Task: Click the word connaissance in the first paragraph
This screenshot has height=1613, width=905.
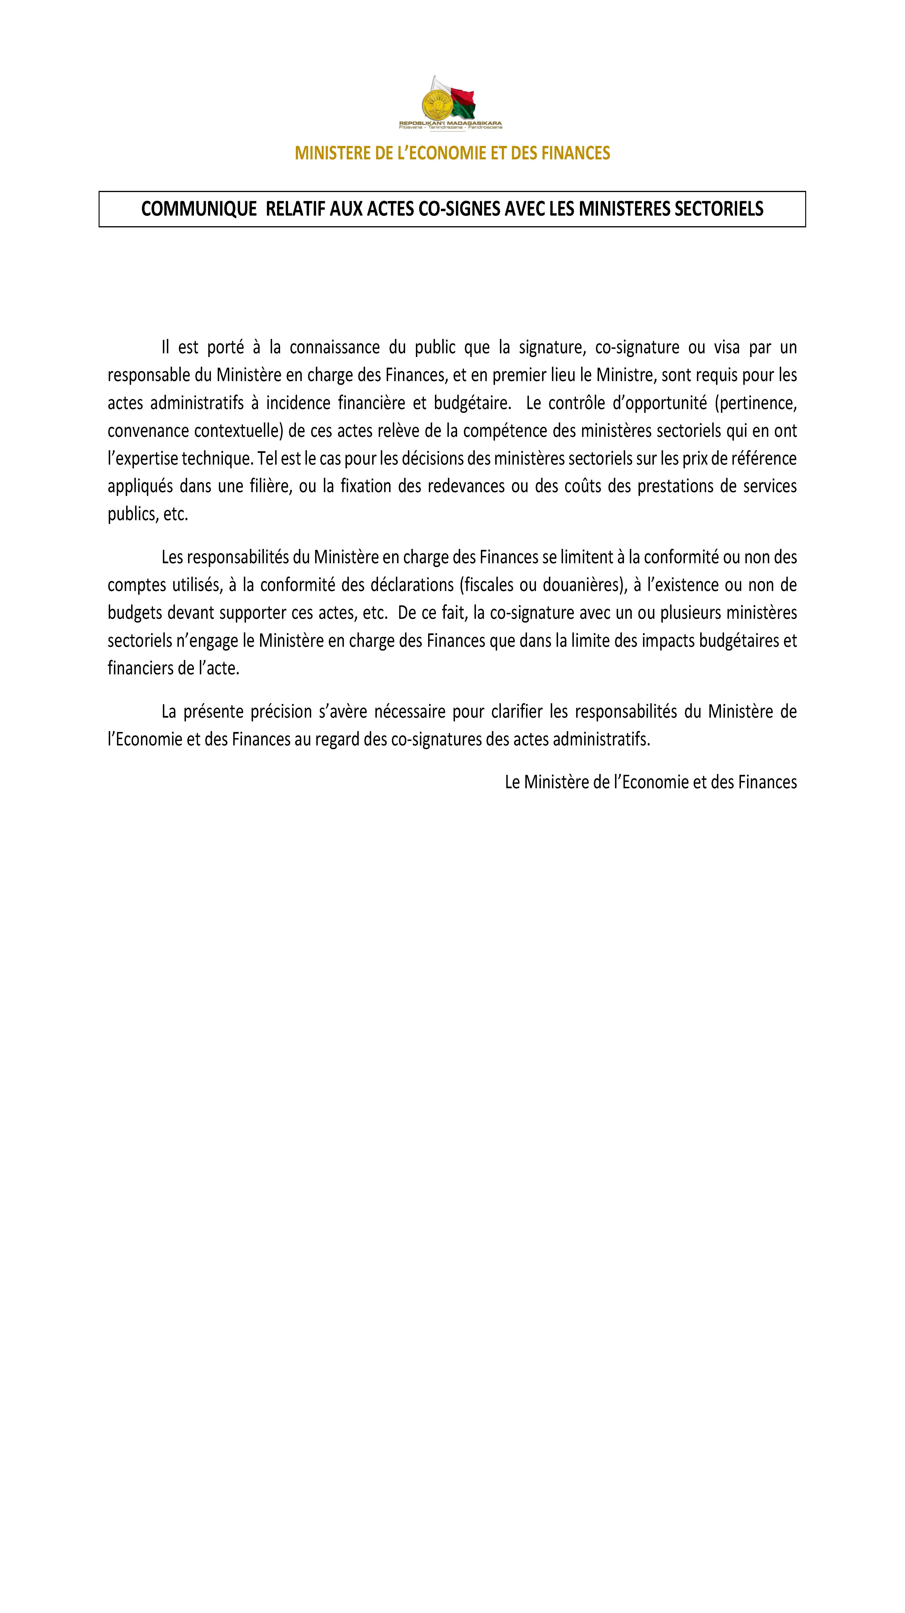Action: point(334,347)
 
